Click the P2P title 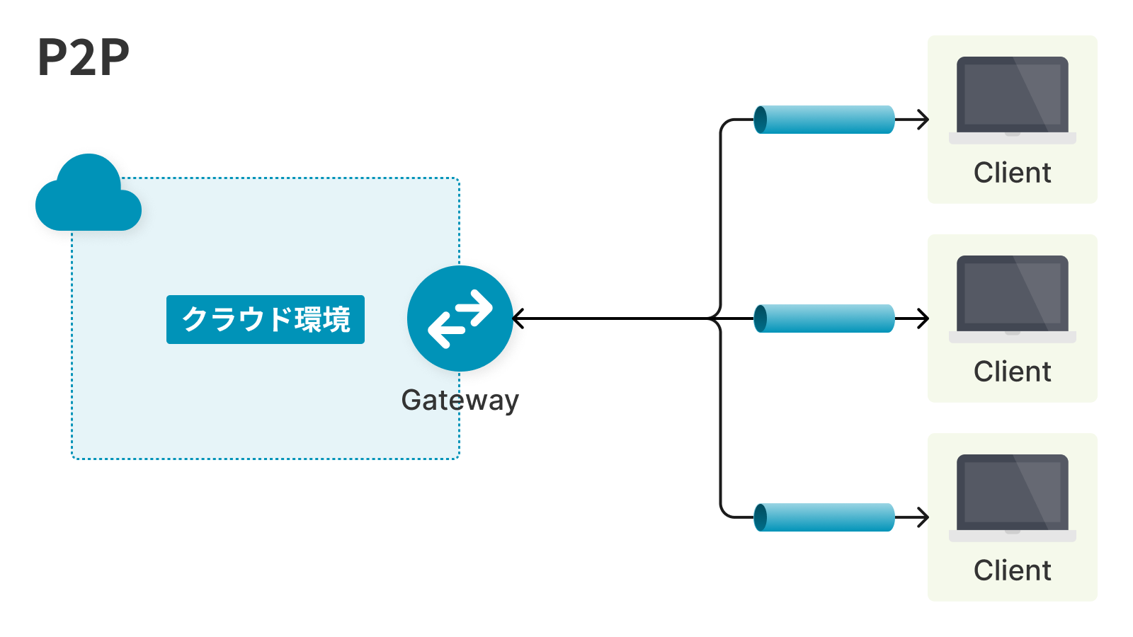(x=84, y=57)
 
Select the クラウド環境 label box (x=266, y=319)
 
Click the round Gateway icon (x=460, y=318)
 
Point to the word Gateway (x=460, y=400)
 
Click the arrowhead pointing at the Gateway (x=518, y=318)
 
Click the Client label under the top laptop (x=1013, y=173)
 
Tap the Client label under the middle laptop (x=1013, y=372)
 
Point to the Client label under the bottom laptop (x=1013, y=570)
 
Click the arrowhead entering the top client (x=923, y=120)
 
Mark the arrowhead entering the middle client (x=923, y=318)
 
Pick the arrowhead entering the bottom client (x=923, y=517)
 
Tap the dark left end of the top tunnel (x=761, y=120)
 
